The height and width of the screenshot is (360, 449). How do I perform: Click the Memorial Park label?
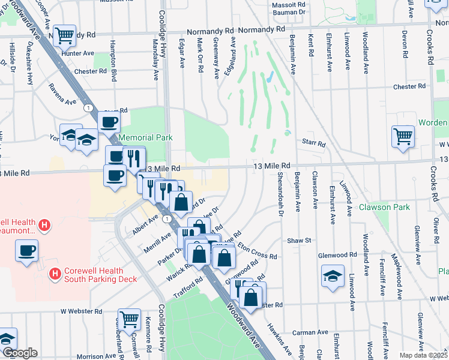[145, 137]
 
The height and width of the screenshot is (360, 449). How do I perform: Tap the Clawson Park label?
[384, 208]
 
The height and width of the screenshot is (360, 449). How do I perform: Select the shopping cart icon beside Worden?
[402, 135]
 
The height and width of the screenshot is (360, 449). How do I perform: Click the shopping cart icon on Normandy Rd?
[64, 35]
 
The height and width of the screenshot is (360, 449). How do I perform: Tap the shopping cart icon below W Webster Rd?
[130, 319]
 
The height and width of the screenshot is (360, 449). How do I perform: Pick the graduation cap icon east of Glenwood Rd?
[333, 276]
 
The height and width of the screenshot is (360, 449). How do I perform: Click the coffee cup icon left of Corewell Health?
[26, 250]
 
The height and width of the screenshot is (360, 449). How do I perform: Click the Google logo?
[20, 353]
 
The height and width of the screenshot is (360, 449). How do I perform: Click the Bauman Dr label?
[289, 12]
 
